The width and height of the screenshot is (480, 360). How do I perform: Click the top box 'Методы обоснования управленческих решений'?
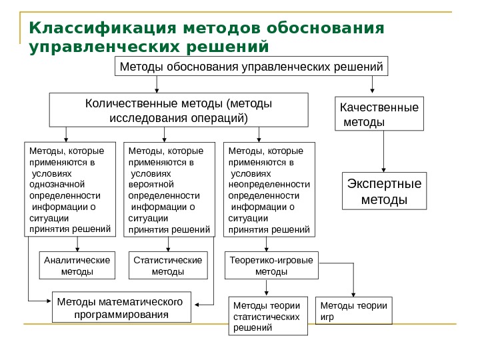click(x=251, y=67)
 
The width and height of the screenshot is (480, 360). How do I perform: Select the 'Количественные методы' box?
click(x=180, y=110)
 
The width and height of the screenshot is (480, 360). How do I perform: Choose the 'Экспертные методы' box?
click(x=385, y=192)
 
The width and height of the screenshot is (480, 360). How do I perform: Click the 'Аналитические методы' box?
click(x=77, y=265)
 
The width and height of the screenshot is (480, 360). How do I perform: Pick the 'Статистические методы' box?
click(x=167, y=265)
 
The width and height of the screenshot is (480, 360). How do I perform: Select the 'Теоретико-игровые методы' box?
click(x=271, y=265)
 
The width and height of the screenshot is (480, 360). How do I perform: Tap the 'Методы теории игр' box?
click(x=353, y=311)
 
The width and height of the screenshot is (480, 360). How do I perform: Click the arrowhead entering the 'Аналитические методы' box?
click(x=77, y=248)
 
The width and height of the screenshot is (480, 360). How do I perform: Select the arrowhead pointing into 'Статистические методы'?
click(x=167, y=248)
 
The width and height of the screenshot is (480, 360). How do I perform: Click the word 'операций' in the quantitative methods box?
click(x=219, y=118)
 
